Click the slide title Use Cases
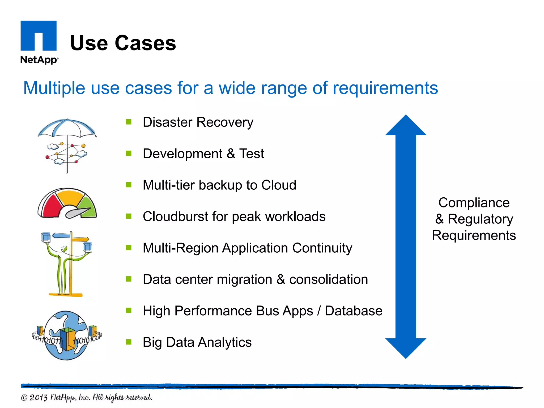click(x=123, y=43)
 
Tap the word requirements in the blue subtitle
click(x=385, y=88)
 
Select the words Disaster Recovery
click(x=198, y=122)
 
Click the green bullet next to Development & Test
click(x=129, y=153)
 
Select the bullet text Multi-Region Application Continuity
click(x=247, y=248)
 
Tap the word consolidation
click(x=328, y=279)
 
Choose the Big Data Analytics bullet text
click(x=197, y=342)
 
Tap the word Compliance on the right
click(x=474, y=203)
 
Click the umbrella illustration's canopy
click(x=67, y=127)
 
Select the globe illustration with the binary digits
click(x=66, y=335)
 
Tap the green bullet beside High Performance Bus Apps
click(x=129, y=311)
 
